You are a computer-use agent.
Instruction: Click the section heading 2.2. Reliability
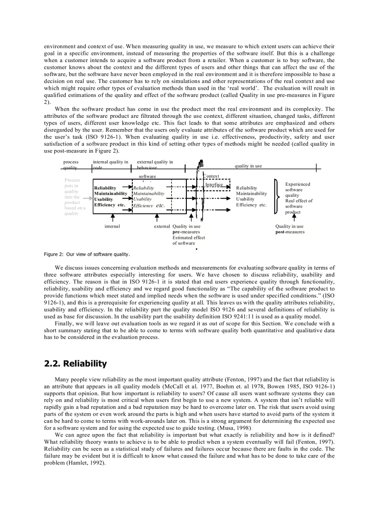pyautogui.click(x=75, y=364)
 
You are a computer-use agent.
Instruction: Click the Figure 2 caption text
pyautogui.click(x=87, y=254)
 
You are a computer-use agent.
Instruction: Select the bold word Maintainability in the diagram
pyautogui.click(x=111, y=194)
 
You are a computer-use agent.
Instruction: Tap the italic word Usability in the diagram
pyautogui.click(x=143, y=199)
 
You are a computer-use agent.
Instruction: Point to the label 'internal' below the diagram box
pyautogui.click(x=112, y=226)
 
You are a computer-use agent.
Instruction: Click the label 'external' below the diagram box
pyautogui.click(x=162, y=226)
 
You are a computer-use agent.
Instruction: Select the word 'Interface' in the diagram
pyautogui.click(x=214, y=184)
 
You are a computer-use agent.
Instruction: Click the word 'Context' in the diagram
pyautogui.click(x=211, y=176)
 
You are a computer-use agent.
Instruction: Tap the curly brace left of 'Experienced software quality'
pyautogui.click(x=276, y=196)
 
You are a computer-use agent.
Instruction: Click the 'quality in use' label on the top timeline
pyautogui.click(x=248, y=166)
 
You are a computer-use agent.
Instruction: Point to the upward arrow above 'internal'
pyautogui.click(x=112, y=218)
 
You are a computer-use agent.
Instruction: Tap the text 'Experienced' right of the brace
pyautogui.click(x=297, y=184)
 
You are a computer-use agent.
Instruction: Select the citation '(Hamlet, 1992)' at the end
pyautogui.click(x=86, y=463)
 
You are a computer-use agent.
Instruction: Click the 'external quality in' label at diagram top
pyautogui.click(x=155, y=162)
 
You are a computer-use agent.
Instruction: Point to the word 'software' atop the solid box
pyautogui.click(x=147, y=176)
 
